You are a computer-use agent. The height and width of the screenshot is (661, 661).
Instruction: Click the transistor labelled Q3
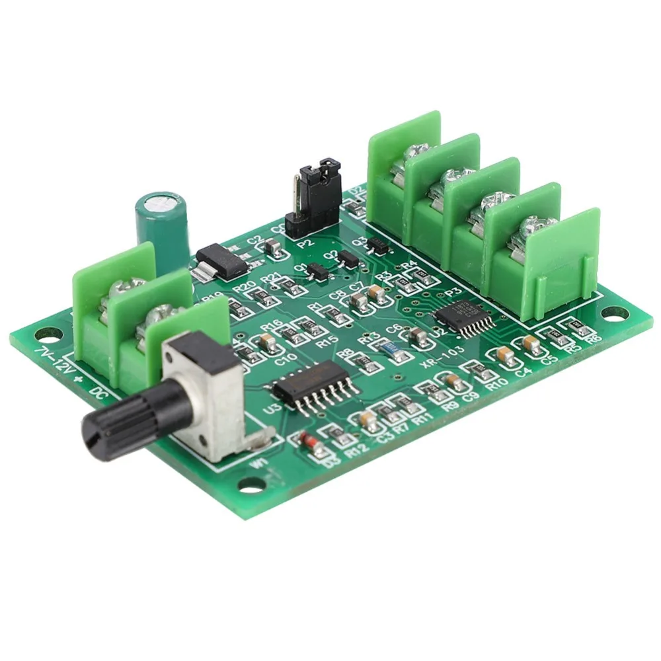(378, 245)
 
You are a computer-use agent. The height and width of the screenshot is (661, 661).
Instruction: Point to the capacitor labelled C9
(453, 381)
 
